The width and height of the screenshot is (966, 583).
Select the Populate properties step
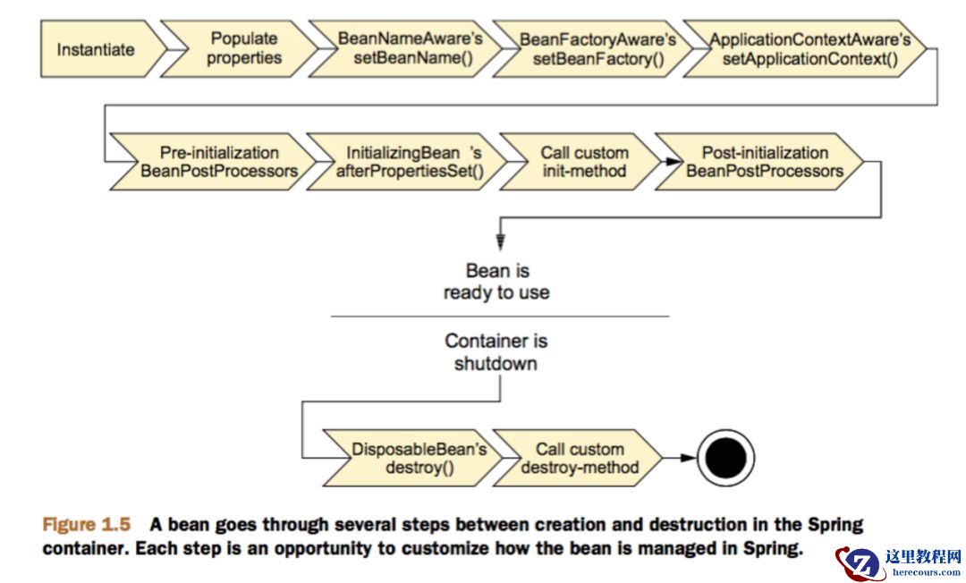pyautogui.click(x=243, y=48)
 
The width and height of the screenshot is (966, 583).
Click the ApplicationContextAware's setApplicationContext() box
pyautogui.click(x=809, y=49)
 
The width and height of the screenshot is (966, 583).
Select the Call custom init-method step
pyautogui.click(x=584, y=162)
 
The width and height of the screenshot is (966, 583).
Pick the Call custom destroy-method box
pyautogui.click(x=580, y=458)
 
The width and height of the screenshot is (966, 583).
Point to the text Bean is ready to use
pyautogui.click(x=496, y=281)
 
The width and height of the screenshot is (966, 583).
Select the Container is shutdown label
pyautogui.click(x=496, y=352)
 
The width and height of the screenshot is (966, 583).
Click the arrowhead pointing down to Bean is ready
pyautogui.click(x=500, y=241)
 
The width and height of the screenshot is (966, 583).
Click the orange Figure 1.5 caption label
pyautogui.click(x=87, y=525)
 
